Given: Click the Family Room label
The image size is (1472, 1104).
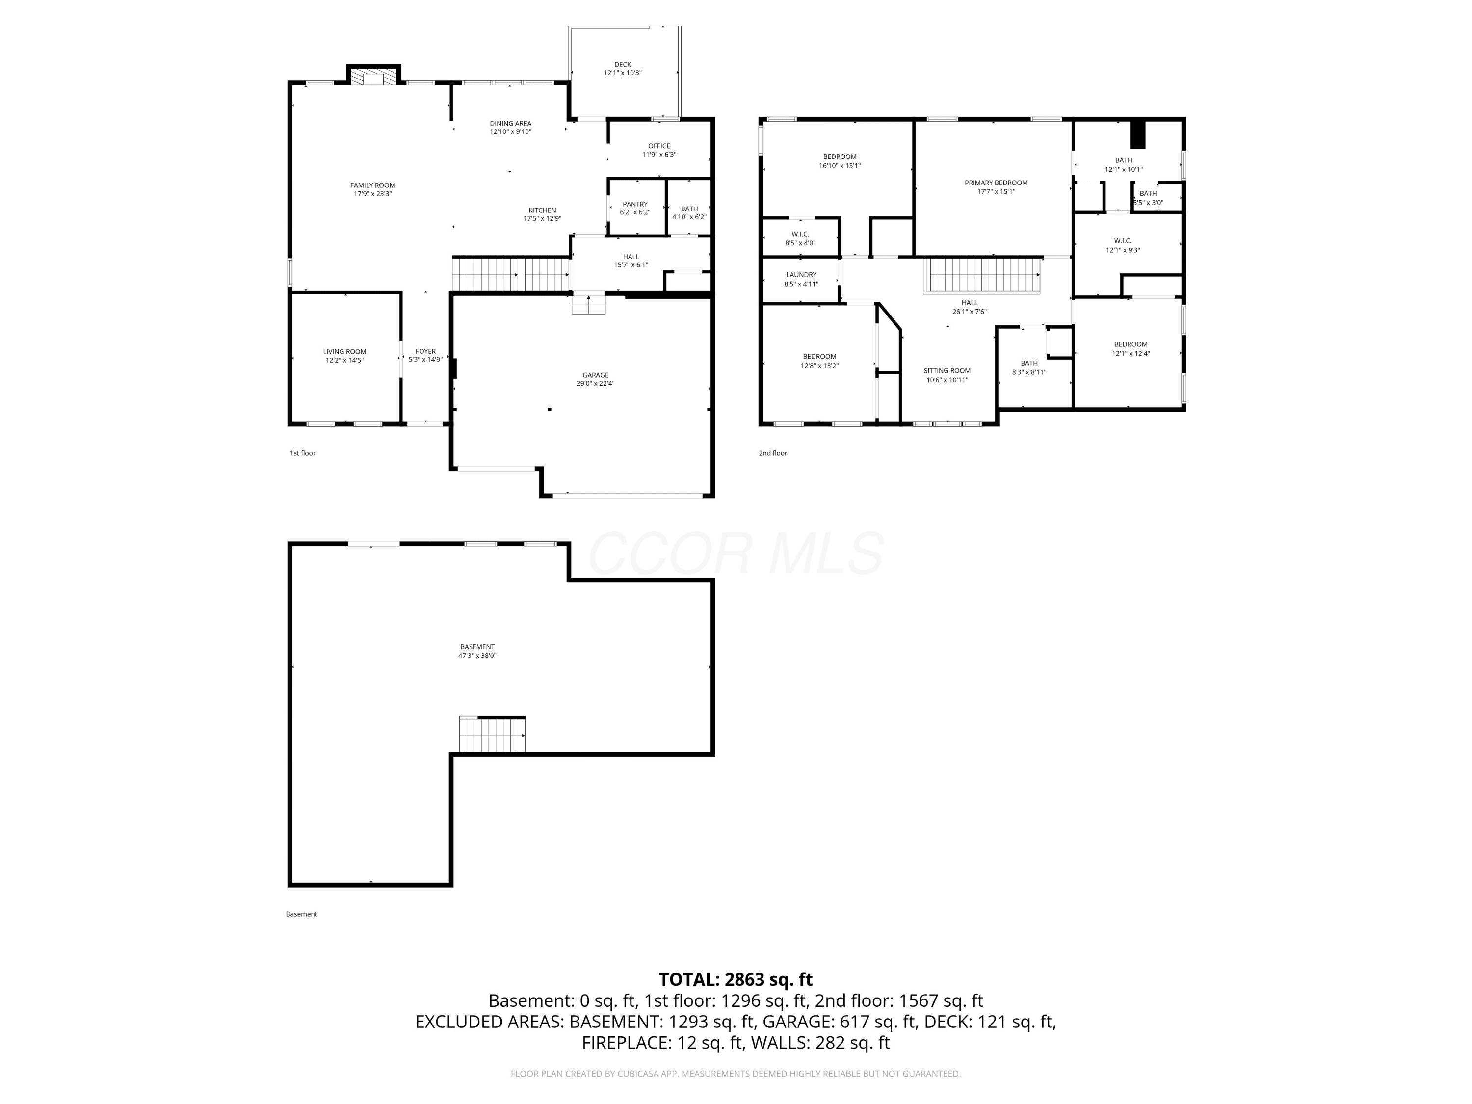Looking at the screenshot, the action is pyautogui.click(x=372, y=185).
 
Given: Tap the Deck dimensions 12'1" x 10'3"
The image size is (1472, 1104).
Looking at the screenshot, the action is pyautogui.click(x=623, y=73).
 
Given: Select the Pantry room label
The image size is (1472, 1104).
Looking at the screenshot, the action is pyautogui.click(x=635, y=204).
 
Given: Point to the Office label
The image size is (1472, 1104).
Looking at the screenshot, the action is pyautogui.click(x=659, y=146).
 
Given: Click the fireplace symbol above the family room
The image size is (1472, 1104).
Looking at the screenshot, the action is pyautogui.click(x=373, y=77).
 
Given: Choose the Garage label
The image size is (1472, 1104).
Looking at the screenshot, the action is pyautogui.click(x=596, y=375).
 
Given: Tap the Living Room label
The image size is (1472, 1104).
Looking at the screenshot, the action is pyautogui.click(x=345, y=352).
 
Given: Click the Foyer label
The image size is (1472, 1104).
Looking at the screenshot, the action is pyautogui.click(x=426, y=351).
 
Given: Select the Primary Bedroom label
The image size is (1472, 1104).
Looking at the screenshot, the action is pyautogui.click(x=996, y=183).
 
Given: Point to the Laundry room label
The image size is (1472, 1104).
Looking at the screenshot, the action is pyautogui.click(x=801, y=275).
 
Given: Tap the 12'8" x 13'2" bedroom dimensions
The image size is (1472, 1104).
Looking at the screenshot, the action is pyautogui.click(x=820, y=366).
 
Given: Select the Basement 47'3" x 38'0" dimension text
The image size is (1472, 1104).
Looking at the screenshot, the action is pyautogui.click(x=477, y=656).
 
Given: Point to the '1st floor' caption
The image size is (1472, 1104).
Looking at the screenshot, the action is pyautogui.click(x=303, y=453).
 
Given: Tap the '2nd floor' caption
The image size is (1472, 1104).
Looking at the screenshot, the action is pyautogui.click(x=773, y=453).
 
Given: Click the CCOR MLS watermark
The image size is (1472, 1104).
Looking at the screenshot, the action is pyautogui.click(x=736, y=553).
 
